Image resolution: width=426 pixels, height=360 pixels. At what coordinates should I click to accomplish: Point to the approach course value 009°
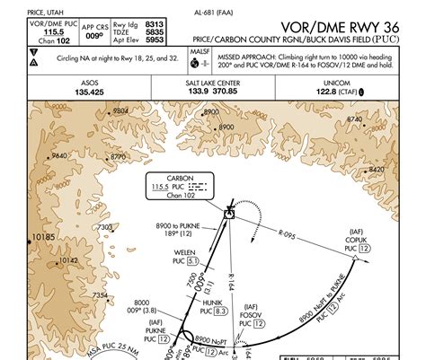(x=94, y=40)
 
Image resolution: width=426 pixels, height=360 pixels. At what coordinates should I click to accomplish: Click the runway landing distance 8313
(x=155, y=23)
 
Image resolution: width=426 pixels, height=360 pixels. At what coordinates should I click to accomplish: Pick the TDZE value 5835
(x=155, y=31)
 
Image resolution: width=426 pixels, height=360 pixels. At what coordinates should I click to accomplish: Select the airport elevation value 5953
(x=155, y=40)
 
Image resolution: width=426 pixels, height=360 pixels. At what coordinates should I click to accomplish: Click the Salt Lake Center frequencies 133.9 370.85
(x=212, y=91)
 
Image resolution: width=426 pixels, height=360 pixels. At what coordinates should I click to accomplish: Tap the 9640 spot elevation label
(x=59, y=155)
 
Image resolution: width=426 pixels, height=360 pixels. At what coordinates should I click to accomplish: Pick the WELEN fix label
(x=186, y=251)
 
